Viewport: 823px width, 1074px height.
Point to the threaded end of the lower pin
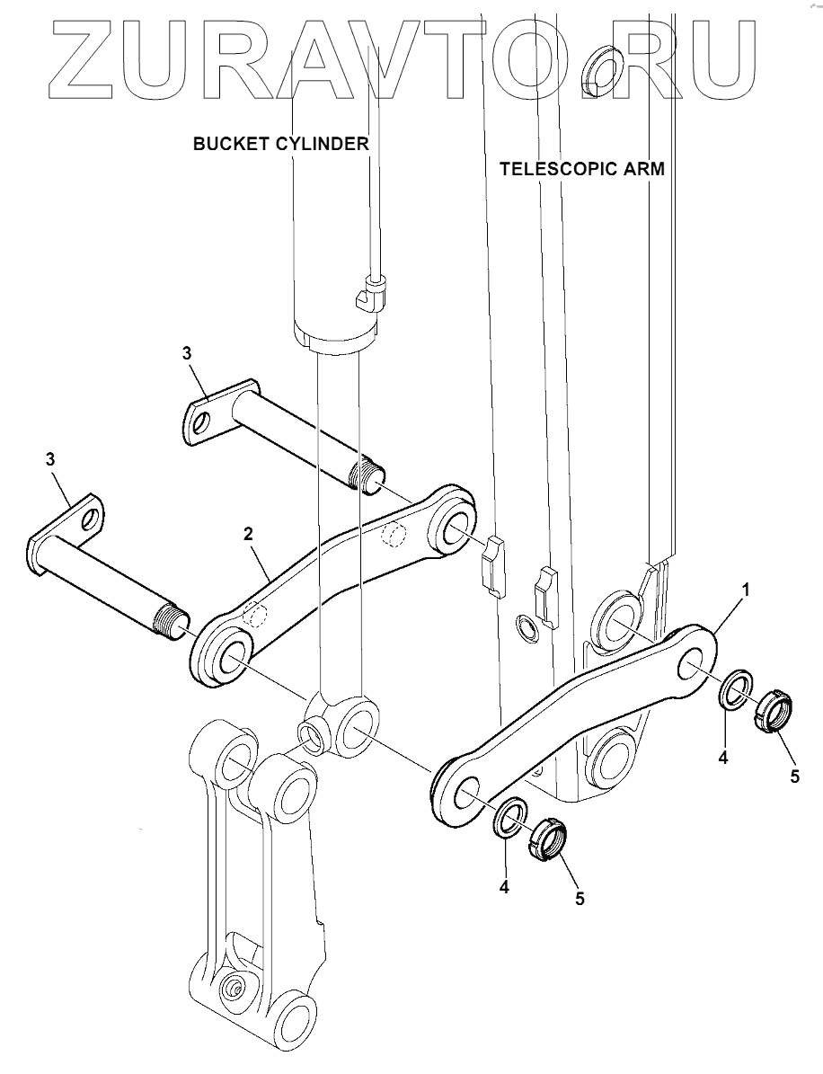173,621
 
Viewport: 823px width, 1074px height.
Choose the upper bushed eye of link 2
455,526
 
